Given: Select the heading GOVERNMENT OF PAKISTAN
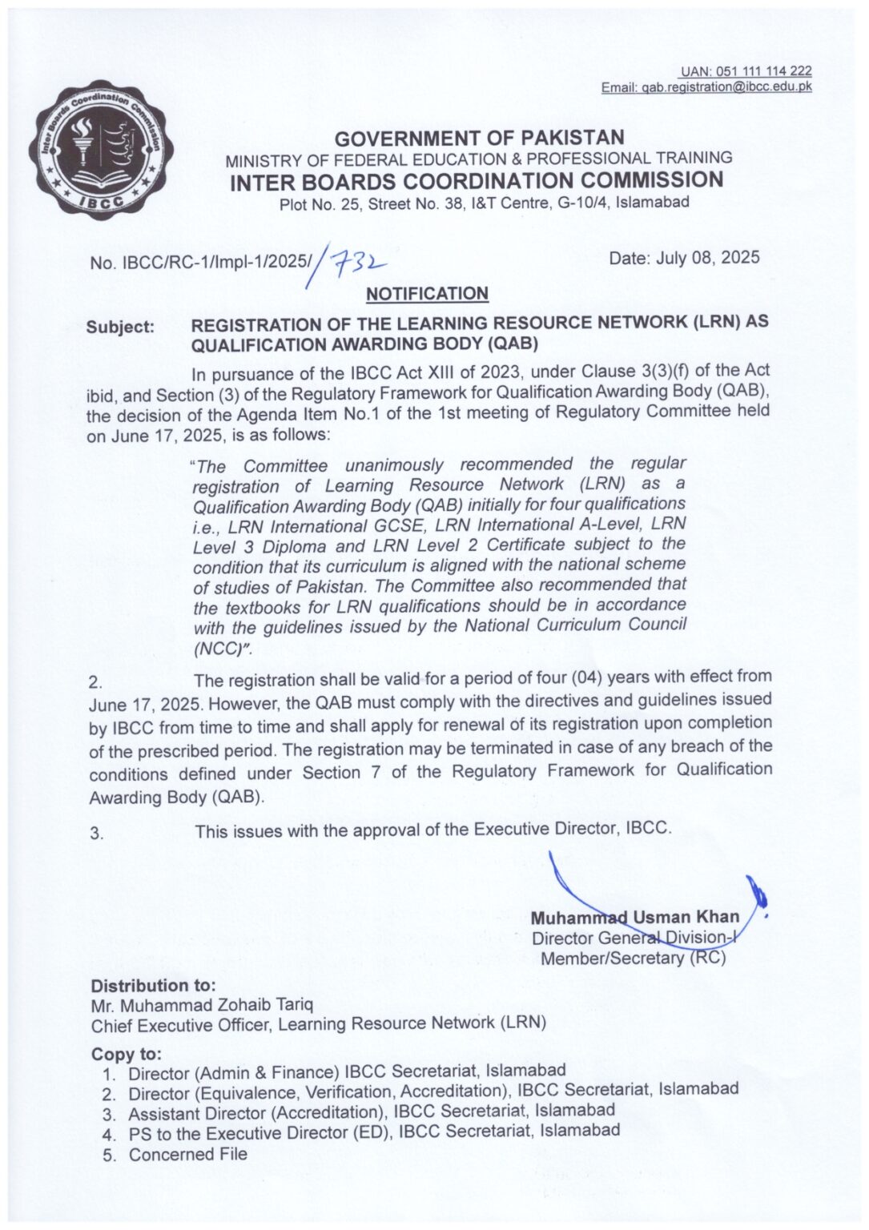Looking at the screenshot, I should [x=479, y=138].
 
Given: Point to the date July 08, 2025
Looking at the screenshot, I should [x=684, y=258].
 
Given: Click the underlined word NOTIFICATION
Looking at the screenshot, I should [x=427, y=294].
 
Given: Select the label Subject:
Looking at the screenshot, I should [x=120, y=328].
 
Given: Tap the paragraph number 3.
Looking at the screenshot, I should [x=97, y=834].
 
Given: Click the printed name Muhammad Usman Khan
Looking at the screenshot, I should [x=634, y=917].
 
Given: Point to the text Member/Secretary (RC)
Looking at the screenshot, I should [x=634, y=958].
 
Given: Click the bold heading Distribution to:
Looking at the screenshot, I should [x=153, y=986].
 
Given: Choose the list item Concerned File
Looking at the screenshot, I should [x=187, y=1155].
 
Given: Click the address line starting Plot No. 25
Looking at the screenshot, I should [x=484, y=203].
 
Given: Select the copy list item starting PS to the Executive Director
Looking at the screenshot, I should [x=373, y=1133].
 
